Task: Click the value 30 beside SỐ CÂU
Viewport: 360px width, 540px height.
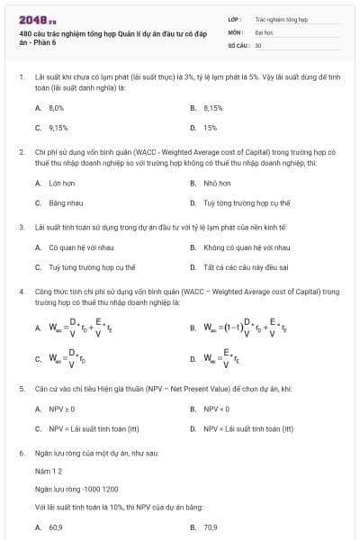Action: [258, 44]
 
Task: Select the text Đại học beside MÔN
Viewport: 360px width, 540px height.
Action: [263, 31]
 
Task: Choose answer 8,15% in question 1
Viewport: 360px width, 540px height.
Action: [212, 107]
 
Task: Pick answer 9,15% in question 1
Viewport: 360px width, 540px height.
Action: [58, 127]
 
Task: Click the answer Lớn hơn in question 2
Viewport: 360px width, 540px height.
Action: [62, 183]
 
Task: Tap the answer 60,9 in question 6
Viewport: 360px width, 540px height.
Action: [56, 527]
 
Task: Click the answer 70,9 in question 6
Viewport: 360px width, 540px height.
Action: [211, 527]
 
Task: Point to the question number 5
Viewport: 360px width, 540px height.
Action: [21, 388]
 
